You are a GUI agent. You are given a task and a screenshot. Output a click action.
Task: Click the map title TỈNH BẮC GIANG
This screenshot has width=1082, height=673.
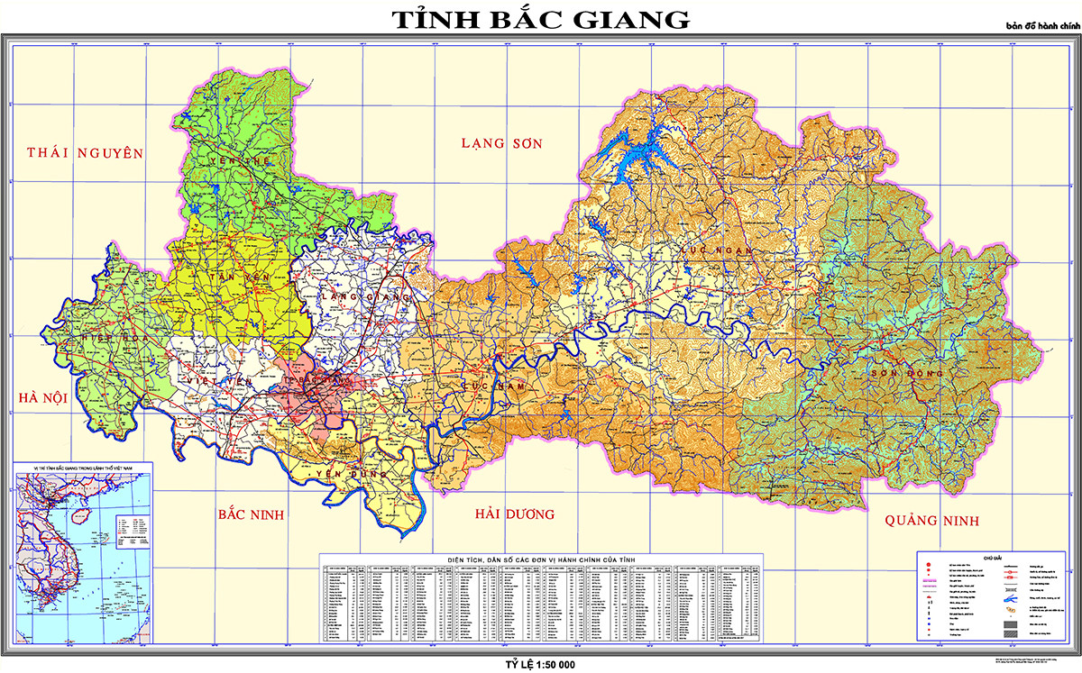[540, 19]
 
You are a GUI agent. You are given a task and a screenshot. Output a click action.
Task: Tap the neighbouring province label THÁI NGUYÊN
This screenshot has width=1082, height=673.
[85, 153]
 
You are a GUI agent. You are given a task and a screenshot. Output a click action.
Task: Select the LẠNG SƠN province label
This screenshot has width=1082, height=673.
[504, 143]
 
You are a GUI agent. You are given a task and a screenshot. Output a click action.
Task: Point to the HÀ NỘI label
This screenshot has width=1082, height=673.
[42, 397]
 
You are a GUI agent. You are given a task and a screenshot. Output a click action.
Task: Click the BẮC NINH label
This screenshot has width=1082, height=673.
[251, 514]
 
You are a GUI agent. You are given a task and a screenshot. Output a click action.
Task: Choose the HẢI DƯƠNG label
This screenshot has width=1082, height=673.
[515, 514]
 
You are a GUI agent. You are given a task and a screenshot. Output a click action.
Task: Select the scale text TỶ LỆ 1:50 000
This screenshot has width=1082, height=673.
[540, 664]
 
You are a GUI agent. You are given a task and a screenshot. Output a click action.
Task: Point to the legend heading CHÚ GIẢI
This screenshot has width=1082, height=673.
[993, 558]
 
